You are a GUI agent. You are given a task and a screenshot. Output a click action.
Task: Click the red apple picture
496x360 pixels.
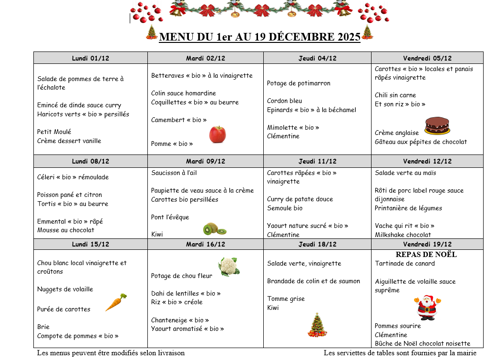click(217, 134)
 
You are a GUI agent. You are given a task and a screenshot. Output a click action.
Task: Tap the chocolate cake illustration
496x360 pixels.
click(437, 125)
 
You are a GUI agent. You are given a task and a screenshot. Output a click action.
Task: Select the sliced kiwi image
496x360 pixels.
click(214, 229)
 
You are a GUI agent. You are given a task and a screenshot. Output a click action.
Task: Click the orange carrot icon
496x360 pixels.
click(116, 302)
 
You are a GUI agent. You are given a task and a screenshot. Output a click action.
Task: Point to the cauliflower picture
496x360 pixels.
click(229, 267)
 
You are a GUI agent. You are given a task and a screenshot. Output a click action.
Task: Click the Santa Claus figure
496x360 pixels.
click(427, 308)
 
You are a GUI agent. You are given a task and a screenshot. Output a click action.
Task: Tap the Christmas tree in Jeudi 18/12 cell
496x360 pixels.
click(317, 325)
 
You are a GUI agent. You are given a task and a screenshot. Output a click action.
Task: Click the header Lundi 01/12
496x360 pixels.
click(91, 58)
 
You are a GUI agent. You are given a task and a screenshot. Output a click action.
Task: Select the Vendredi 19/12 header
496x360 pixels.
click(427, 244)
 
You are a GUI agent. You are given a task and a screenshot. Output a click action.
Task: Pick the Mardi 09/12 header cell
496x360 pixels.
click(206, 161)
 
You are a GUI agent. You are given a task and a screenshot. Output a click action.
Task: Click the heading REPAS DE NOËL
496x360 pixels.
click(426, 255)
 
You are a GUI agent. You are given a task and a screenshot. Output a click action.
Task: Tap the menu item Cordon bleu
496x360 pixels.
click(284, 101)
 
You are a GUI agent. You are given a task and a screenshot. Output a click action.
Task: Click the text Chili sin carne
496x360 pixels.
click(395, 95)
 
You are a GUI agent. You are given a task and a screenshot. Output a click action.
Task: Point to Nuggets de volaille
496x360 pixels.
click(65, 289)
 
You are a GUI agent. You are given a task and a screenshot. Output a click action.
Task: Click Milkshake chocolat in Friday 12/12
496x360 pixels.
click(403, 235)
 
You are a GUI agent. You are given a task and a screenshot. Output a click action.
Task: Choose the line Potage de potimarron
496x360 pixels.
click(298, 83)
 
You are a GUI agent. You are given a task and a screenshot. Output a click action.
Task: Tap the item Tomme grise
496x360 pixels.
click(285, 298)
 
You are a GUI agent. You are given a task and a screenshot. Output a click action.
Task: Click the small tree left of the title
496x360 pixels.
click(152, 32)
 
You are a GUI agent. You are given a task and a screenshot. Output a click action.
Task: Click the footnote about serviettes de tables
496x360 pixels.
click(400, 353)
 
